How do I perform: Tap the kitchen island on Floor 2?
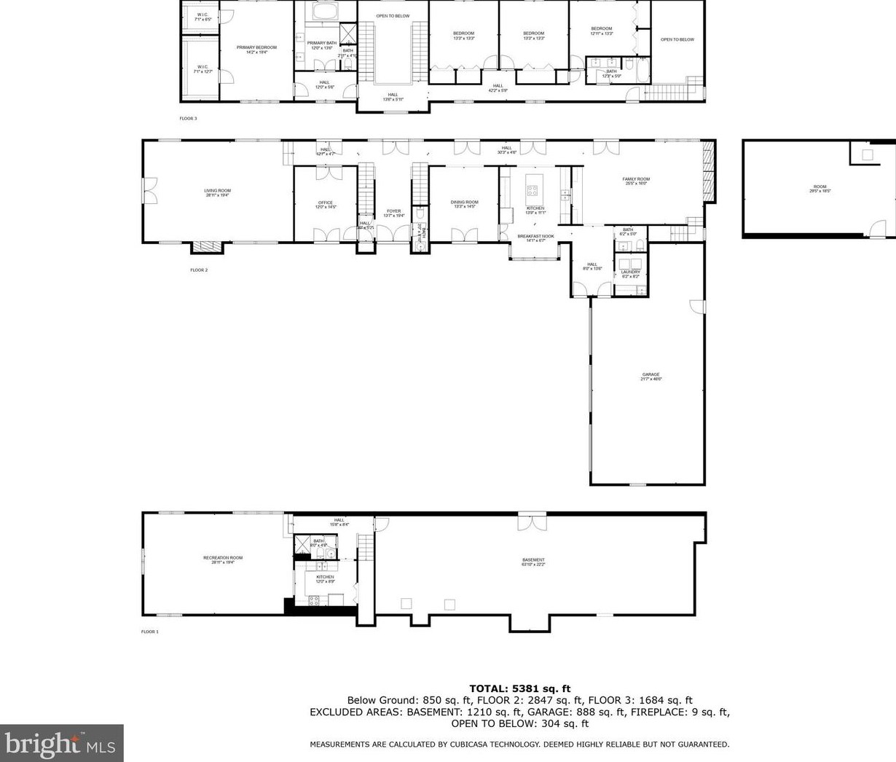532,186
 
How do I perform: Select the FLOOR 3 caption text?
188,118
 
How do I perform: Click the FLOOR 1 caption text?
149,632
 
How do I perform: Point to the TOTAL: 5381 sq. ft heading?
519,688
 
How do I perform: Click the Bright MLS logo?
61,743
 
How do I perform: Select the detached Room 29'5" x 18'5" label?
820,189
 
